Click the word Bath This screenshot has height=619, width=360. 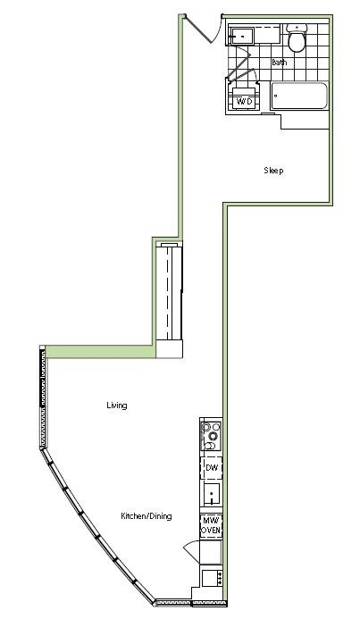(279, 63)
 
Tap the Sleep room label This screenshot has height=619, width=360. (273, 171)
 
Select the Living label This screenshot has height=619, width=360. (117, 406)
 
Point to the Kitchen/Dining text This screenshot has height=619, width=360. (146, 516)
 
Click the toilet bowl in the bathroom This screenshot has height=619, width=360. (297, 42)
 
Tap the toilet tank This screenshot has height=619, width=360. (297, 28)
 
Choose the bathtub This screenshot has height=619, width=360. (299, 96)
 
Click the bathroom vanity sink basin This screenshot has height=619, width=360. (241, 37)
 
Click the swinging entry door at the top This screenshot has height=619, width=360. (202, 29)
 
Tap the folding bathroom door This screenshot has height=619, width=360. (241, 63)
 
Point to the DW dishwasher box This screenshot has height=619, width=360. (212, 468)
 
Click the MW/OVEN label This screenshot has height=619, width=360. (211, 525)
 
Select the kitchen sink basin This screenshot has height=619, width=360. (212, 494)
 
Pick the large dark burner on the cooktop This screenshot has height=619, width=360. (213, 436)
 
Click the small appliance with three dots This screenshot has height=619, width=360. (213, 578)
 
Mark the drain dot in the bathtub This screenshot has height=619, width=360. (276, 96)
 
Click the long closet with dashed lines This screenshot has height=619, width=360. (170, 292)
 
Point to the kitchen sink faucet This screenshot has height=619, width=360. (213, 498)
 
